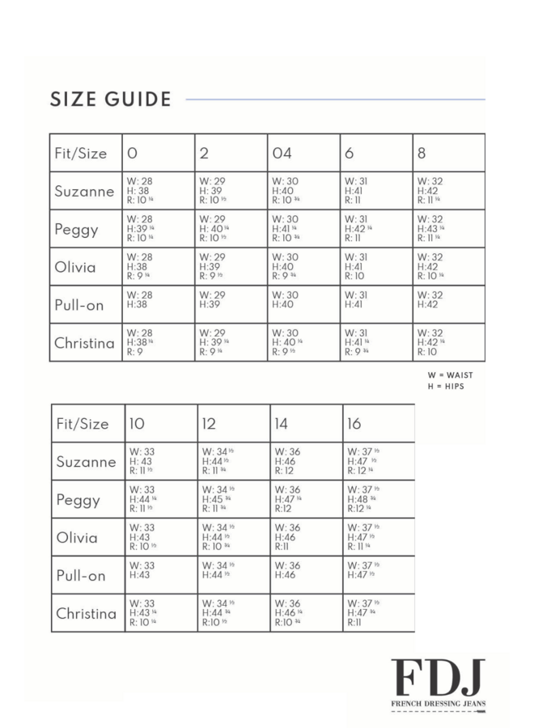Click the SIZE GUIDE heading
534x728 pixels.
pyautogui.click(x=111, y=99)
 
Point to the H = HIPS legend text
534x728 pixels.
pyautogui.click(x=446, y=387)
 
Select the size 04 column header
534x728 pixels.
pyautogui.click(x=282, y=153)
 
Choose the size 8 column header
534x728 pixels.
pyautogui.click(x=422, y=153)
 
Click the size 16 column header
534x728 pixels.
pyautogui.click(x=354, y=424)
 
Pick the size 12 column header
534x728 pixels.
pyautogui.click(x=209, y=424)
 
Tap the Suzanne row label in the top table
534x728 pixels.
pyautogui.click(x=84, y=192)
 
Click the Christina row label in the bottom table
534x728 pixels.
pyautogui.click(x=86, y=614)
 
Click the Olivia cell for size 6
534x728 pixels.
pyautogui.click(x=375, y=267)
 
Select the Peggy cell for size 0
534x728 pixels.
pyautogui.click(x=158, y=229)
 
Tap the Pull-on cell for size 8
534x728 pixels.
pyautogui.click(x=448, y=304)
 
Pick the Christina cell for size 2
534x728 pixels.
pyautogui.click(x=231, y=342)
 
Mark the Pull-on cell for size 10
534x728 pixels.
pyautogui.click(x=160, y=575)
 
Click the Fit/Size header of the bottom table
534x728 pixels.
pyautogui.click(x=82, y=424)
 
